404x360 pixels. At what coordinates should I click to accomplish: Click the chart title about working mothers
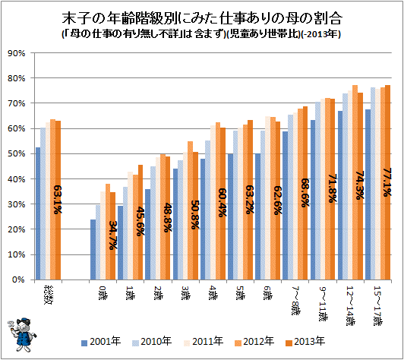click(201, 16)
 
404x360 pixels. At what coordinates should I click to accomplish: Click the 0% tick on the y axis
click(19, 279)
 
